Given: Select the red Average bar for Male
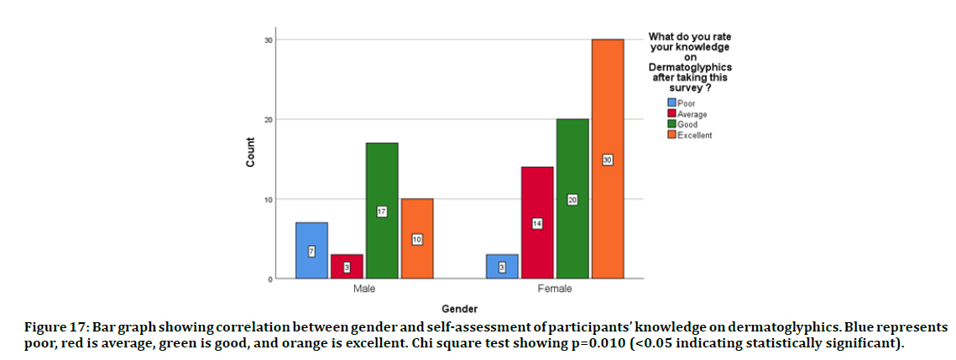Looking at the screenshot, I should coord(347,266).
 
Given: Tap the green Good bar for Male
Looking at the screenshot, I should coord(382,211).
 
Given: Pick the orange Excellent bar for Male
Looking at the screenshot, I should coord(417,238).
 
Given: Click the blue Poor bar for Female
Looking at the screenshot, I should coord(502,266).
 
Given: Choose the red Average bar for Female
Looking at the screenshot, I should coord(537,222).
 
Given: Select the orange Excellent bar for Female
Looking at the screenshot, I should coord(608,159).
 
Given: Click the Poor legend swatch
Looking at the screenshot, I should coord(660,103).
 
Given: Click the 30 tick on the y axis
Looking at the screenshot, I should coord(268,39).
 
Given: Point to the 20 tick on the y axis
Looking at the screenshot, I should coord(268,119).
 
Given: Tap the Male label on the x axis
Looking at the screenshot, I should coord(364,290).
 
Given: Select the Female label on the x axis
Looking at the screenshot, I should coord(555,290).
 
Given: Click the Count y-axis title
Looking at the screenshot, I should coord(250,158).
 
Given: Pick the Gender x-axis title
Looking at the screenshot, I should coord(459,308).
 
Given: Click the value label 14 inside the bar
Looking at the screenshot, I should coord(537,223).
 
